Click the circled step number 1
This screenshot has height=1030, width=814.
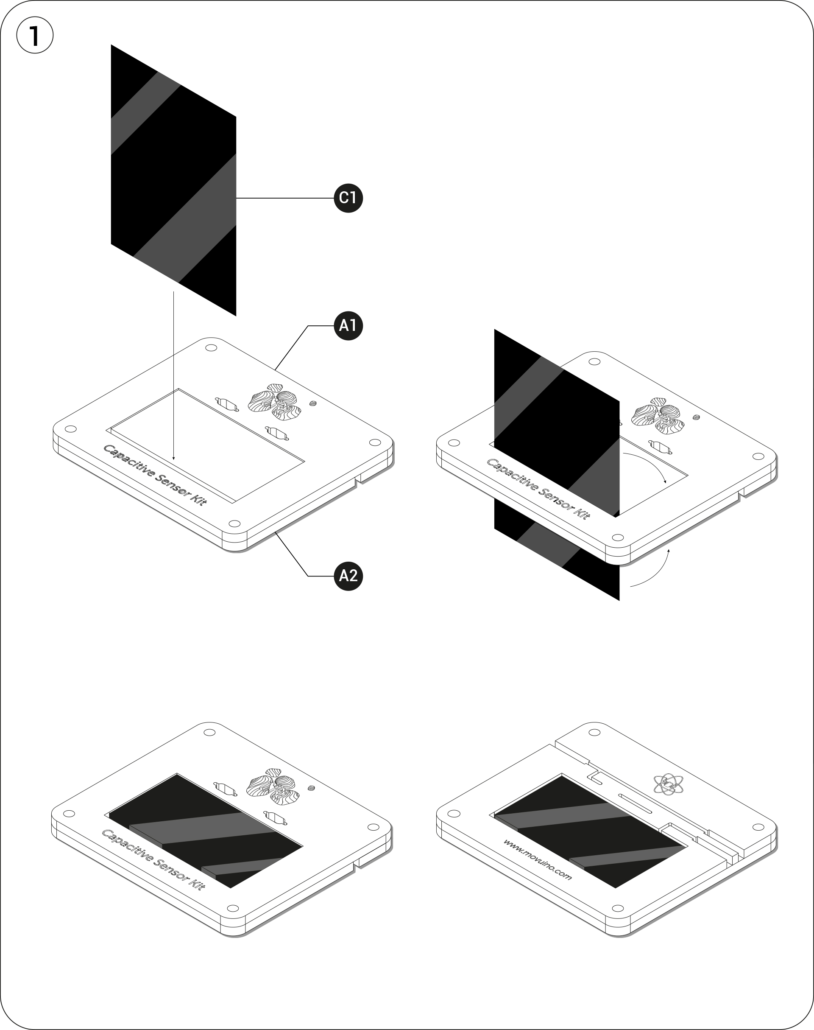click(35, 35)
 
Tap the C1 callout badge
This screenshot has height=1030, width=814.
click(348, 197)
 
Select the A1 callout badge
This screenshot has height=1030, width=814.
click(348, 326)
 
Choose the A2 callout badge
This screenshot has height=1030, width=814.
click(348, 576)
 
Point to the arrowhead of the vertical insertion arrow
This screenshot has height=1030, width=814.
click(174, 458)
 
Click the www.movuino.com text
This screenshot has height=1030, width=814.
click(537, 859)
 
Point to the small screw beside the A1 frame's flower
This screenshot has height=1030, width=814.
click(313, 403)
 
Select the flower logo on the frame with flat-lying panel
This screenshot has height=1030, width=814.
click(273, 787)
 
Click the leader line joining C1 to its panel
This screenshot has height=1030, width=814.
click(285, 198)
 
